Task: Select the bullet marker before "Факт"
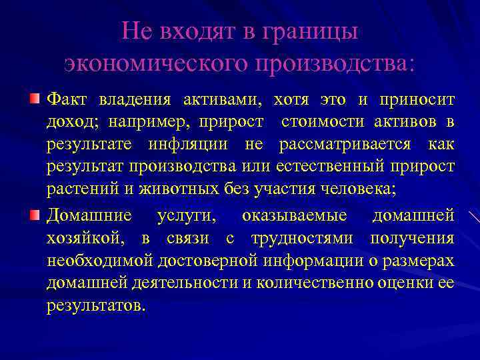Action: click(x=34, y=100)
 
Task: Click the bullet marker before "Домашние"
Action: click(x=34, y=215)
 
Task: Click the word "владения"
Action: click(x=131, y=100)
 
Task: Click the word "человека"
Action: click(x=360, y=189)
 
